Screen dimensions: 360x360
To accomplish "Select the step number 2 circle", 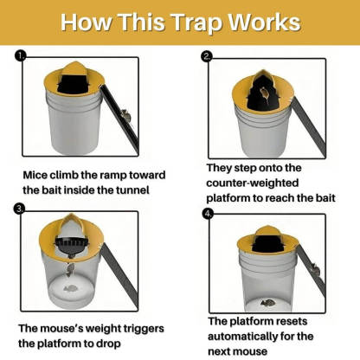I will pyautogui.click(x=206, y=56).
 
